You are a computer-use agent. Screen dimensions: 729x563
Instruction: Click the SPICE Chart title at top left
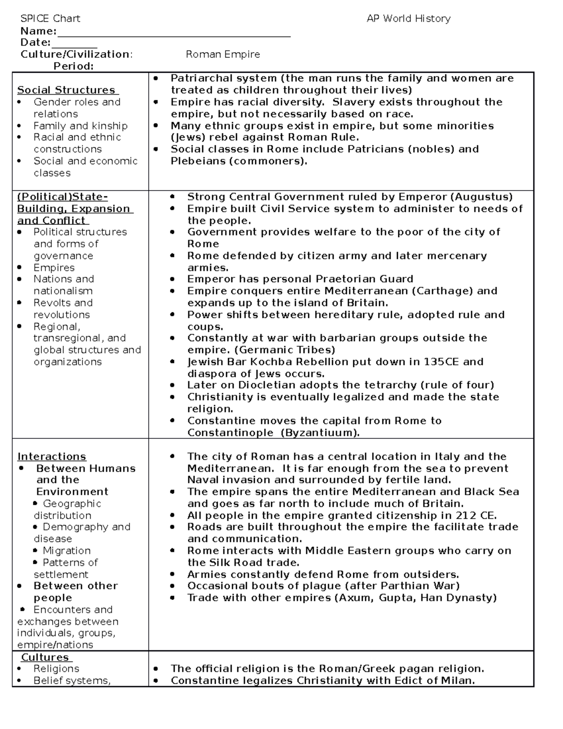pos(50,19)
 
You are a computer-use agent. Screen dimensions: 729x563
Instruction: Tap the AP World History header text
pos(408,19)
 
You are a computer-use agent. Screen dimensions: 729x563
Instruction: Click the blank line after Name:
pos(174,33)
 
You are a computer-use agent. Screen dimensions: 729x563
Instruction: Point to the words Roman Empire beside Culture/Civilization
pos(223,54)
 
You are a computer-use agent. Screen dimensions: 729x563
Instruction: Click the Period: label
pos(73,66)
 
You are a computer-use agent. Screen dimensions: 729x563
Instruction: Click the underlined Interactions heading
pos(52,457)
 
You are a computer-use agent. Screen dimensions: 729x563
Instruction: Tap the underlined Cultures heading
pos(45,657)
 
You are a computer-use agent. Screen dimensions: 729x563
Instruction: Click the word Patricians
pos(376,149)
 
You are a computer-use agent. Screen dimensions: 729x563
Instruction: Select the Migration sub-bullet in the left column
pos(66,551)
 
